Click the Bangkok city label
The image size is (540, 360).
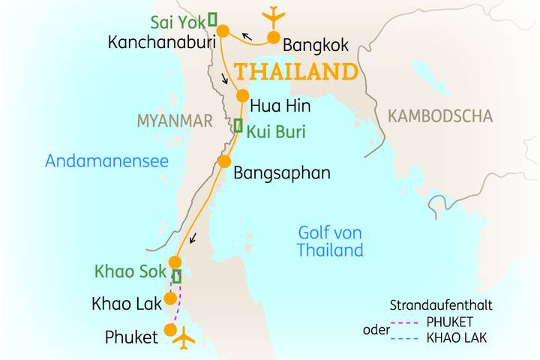[x=315, y=46]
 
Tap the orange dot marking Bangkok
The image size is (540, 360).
[x=274, y=37]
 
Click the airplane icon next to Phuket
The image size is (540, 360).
[x=183, y=339]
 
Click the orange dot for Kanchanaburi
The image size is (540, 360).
[x=222, y=31]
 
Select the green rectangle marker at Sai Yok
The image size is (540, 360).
[x=212, y=18]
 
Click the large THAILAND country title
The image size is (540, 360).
[x=295, y=73]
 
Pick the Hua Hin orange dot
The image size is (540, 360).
[x=242, y=96]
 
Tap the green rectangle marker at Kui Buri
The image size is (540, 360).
[x=238, y=126]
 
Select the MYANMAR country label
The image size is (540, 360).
[x=175, y=120]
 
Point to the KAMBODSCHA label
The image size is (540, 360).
[x=440, y=116]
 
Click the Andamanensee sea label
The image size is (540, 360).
[x=106, y=160]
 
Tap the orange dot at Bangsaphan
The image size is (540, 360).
[x=223, y=162]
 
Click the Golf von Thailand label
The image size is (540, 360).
[x=330, y=241]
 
